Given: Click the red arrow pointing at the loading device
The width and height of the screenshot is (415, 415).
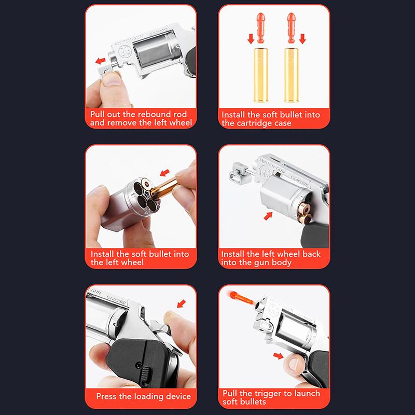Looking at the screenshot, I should pos(182,301).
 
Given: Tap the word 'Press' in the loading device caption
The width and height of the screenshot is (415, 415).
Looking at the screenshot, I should pos(107,397).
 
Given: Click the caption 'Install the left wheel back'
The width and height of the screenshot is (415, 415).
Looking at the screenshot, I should pos(270,254).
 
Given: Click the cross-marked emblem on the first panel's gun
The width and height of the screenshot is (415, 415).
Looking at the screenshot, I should pos(126,52).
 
